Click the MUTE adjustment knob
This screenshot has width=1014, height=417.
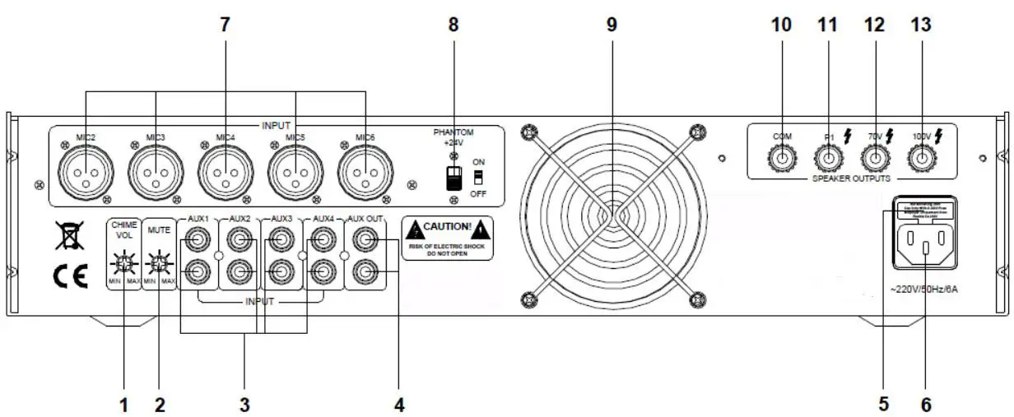(160, 264)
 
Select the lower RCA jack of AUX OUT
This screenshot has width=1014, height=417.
(364, 271)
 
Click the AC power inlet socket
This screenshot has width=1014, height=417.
(923, 244)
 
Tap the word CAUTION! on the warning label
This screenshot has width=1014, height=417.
(447, 226)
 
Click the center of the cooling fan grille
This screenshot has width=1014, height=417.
(612, 214)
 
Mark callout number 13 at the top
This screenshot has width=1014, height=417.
(921, 25)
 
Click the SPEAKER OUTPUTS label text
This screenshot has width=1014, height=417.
(850, 178)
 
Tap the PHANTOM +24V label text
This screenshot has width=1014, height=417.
(454, 136)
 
